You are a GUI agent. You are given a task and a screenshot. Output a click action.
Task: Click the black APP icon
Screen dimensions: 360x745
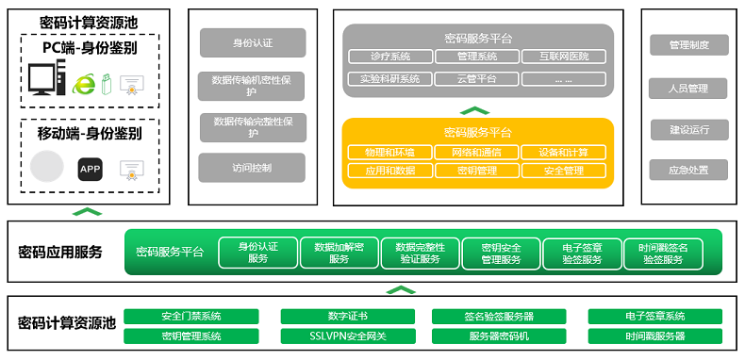pyautogui.click(x=90, y=170)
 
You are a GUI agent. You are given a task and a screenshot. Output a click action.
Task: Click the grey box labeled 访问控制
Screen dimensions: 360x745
pyautogui.click(x=252, y=168)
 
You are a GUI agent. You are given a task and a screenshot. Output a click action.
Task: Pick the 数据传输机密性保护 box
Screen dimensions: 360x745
pyautogui.click(x=252, y=86)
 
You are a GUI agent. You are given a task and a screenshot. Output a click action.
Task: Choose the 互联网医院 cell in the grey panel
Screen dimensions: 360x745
pyautogui.click(x=563, y=57)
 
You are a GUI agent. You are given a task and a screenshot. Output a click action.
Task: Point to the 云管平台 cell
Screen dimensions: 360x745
pyautogui.click(x=476, y=78)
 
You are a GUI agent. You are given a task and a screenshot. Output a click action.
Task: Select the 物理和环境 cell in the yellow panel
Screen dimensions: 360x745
pyautogui.click(x=389, y=152)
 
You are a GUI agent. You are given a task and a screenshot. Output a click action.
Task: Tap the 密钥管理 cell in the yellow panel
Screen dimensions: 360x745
pyautogui.click(x=476, y=171)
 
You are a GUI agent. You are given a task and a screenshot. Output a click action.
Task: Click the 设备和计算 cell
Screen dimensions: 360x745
pyautogui.click(x=563, y=152)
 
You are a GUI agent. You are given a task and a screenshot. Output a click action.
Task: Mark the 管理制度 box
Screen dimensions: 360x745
pyautogui.click(x=688, y=45)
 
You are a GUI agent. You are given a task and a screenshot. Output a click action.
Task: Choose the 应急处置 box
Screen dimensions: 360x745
pyautogui.click(x=688, y=171)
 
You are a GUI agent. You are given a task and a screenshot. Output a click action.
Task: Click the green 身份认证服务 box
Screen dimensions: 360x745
pyautogui.click(x=257, y=253)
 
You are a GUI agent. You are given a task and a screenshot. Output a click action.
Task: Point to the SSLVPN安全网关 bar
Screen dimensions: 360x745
pyautogui.click(x=345, y=335)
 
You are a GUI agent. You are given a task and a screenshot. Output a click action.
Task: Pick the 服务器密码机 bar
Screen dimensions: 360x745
pyautogui.click(x=499, y=335)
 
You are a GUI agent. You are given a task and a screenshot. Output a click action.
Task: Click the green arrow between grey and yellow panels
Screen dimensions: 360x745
pyautogui.click(x=476, y=109)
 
